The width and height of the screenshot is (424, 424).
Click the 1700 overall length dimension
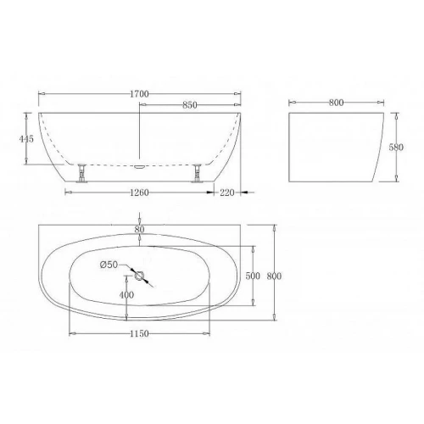tap(139, 94)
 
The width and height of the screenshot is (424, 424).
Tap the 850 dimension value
tap(190, 105)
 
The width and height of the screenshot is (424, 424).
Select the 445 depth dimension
tap(26, 139)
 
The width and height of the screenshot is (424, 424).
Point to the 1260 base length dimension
tap(139, 192)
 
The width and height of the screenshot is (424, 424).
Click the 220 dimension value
tap(227, 192)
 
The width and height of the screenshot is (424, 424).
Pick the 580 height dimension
tap(396, 148)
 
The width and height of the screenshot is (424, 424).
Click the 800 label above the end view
tap(336, 103)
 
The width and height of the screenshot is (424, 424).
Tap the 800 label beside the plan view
tap(274, 276)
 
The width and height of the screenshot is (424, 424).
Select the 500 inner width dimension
tap(253, 276)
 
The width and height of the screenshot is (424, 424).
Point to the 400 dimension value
tap(126, 295)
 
